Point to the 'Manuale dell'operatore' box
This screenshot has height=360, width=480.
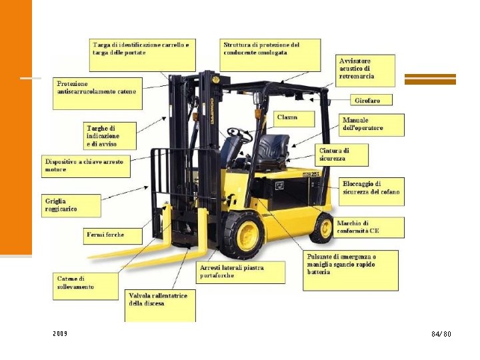pyautogui.click(x=372, y=125)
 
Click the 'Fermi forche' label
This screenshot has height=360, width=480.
pyautogui.click(x=113, y=235)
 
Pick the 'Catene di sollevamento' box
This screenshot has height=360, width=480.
pyautogui.click(x=86, y=283)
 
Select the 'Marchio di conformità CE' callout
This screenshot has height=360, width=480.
pyautogui.click(x=369, y=227)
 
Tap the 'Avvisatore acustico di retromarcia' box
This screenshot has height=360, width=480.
pyautogui.click(x=365, y=69)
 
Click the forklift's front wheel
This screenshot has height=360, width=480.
pyautogui.click(x=243, y=235)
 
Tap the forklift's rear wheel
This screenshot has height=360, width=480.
pyautogui.click(x=322, y=227)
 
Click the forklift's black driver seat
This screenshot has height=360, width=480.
pyautogui.click(x=271, y=151)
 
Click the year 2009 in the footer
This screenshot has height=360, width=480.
pyautogui.click(x=59, y=333)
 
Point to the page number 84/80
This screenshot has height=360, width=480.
pyautogui.click(x=441, y=333)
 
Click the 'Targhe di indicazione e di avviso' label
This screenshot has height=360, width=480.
pyautogui.click(x=111, y=136)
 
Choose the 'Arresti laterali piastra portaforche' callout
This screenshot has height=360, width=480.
pyautogui.click(x=241, y=271)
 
